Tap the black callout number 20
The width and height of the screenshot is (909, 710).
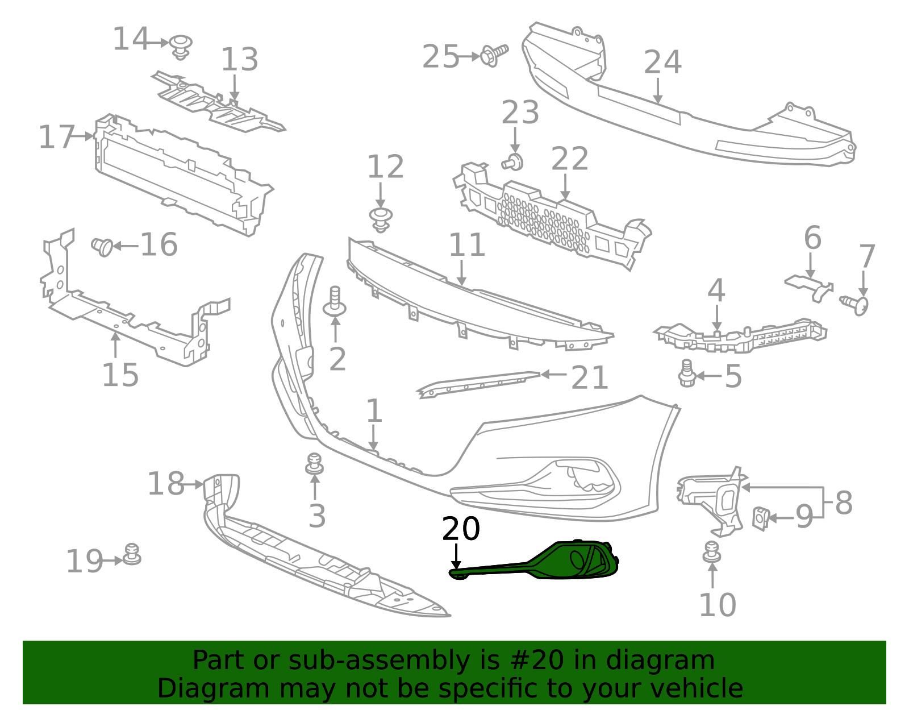461,529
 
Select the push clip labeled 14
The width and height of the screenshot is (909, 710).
181,46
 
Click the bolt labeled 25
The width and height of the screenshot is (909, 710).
493,55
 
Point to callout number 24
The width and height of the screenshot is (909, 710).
662,63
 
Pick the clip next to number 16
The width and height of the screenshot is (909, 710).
103,246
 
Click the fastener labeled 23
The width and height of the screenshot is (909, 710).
513,162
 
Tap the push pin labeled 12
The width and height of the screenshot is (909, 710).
381,219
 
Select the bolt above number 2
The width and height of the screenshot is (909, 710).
335,302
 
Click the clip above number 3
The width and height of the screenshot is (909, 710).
314,464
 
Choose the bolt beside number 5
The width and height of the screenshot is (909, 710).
687,374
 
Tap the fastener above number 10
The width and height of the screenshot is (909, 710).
711,552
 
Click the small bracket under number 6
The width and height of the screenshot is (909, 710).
810,286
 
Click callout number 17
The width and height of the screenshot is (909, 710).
56,137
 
